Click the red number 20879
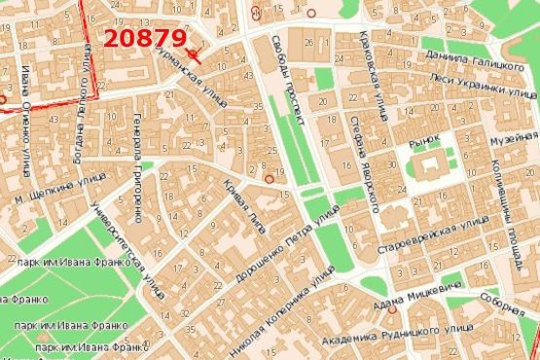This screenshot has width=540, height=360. click(145, 39)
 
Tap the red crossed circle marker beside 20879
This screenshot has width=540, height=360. click(196, 54)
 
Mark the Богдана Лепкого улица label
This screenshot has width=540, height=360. click(86, 98)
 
